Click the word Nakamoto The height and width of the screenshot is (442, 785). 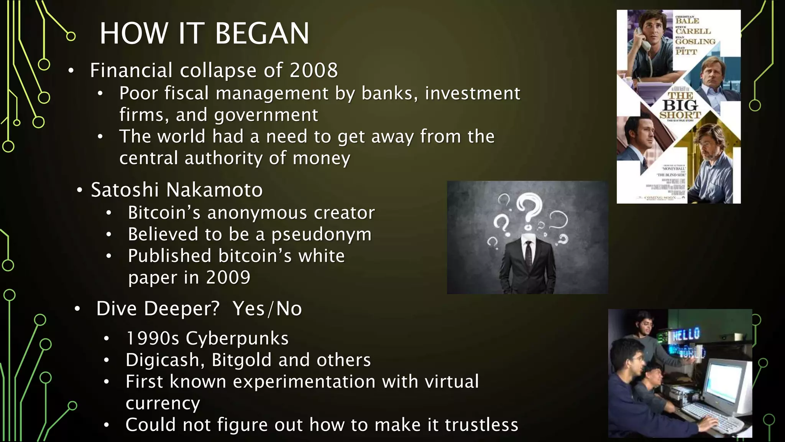coord(215,190)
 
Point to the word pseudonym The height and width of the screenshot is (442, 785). coord(322,234)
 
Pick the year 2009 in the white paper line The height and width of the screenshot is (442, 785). coord(228,277)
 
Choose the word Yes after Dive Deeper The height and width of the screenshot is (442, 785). coord(248,309)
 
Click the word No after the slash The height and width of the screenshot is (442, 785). coord(289,309)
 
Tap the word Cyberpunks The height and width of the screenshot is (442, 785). coord(237,338)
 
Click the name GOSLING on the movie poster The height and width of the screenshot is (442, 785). coord(695,41)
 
